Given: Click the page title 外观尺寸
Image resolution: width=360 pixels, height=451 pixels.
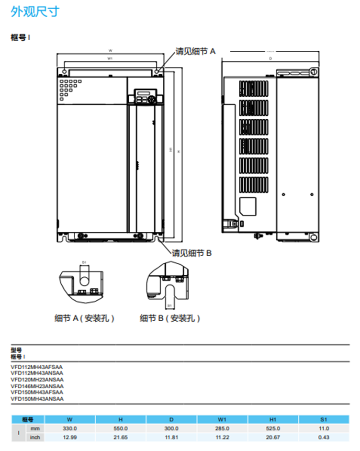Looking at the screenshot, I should click(35, 12).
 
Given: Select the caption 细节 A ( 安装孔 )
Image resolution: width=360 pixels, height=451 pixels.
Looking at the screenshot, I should click(84, 318).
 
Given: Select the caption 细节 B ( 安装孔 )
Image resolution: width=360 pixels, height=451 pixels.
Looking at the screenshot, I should click(170, 318).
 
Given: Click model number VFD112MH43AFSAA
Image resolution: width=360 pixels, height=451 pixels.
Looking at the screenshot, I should click(37, 367).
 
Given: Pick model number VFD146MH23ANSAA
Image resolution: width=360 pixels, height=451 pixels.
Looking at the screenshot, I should click(37, 385).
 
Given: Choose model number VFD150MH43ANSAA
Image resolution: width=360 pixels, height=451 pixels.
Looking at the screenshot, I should click(37, 398).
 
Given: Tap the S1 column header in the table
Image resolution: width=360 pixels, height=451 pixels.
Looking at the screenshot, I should click(323, 419).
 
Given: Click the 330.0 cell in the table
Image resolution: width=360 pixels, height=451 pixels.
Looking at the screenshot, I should click(70, 428).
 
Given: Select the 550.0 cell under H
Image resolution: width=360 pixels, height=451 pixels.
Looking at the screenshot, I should click(121, 428).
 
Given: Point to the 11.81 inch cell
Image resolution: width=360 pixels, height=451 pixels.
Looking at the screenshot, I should click(171, 437).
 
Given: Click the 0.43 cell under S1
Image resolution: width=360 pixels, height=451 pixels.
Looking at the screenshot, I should click(323, 437).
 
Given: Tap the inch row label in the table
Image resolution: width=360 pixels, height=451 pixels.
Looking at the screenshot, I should click(35, 437).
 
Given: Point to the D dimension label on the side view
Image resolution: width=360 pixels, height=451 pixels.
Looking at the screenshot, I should click(270, 58).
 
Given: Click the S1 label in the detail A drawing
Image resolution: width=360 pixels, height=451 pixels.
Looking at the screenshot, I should click(83, 263).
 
